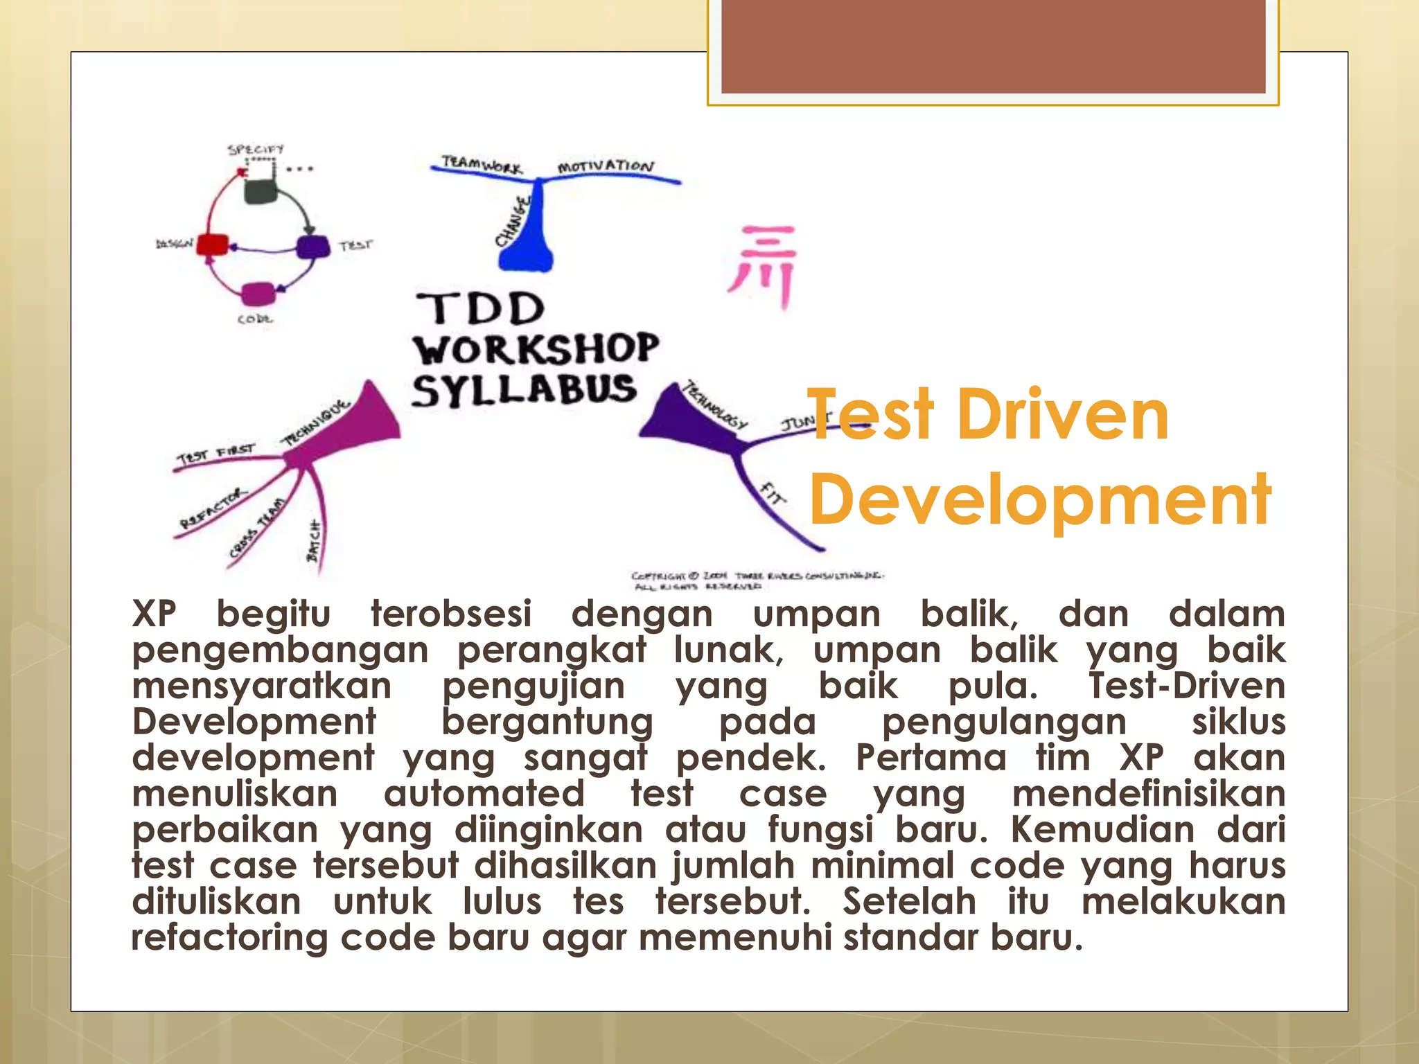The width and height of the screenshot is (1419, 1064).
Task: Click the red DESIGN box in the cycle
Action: (212, 245)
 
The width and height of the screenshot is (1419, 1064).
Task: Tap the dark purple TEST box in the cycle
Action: (313, 247)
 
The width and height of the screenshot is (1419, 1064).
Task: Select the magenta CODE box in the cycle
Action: (258, 294)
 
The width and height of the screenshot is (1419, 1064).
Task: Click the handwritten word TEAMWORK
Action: (482, 165)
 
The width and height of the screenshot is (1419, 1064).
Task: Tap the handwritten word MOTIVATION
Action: (606, 167)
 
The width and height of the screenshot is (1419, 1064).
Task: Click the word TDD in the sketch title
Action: (480, 309)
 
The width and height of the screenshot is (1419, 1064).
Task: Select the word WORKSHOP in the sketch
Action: (536, 348)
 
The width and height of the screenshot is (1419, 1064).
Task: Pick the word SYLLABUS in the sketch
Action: (524, 390)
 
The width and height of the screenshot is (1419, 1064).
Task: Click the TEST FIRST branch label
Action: (215, 454)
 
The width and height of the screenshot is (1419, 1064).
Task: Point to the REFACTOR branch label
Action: (212, 508)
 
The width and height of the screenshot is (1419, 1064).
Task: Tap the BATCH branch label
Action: (314, 540)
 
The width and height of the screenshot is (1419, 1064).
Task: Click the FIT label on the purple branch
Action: (773, 494)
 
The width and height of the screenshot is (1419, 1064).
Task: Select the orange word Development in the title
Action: (1039, 499)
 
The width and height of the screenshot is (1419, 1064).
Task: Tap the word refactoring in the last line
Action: (229, 938)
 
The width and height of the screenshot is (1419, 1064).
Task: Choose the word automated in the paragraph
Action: (484, 794)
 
